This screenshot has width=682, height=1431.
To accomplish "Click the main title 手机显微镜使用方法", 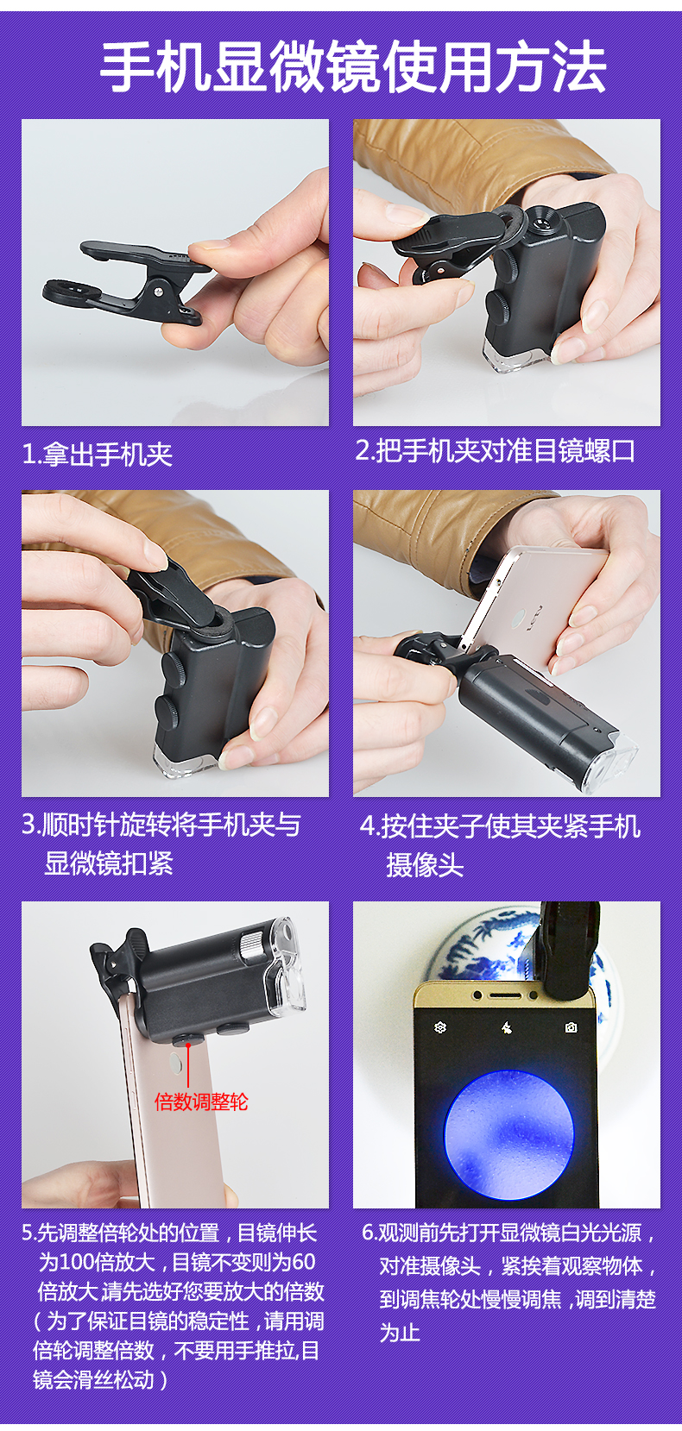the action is tap(353, 68).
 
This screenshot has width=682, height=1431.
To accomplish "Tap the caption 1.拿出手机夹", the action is tap(98, 455).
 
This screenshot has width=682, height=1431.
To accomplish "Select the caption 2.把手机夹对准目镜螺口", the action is tap(495, 451).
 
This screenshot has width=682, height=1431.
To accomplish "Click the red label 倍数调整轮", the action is tap(200, 1101).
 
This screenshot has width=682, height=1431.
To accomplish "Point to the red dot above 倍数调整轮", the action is tap(188, 1044).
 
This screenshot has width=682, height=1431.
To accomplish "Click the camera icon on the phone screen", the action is tap(571, 1026).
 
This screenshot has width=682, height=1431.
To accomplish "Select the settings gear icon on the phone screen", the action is tap(440, 1026).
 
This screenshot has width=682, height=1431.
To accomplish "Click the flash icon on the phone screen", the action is tap(506, 1027).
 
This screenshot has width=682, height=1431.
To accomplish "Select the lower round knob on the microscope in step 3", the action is tap(167, 713).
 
